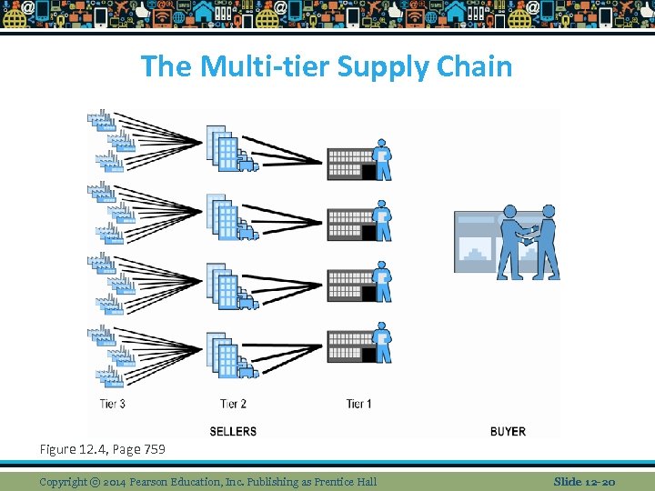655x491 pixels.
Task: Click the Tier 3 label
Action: point(113,404)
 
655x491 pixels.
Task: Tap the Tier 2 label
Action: point(234,404)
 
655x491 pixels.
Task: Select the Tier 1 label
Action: point(358,404)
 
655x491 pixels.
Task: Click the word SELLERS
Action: point(233,431)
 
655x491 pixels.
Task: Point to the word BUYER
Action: point(508,431)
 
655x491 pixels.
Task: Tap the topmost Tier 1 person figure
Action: point(383,160)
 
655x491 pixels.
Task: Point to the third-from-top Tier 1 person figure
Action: point(383,283)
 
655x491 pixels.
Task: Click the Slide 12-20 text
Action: point(585,481)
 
